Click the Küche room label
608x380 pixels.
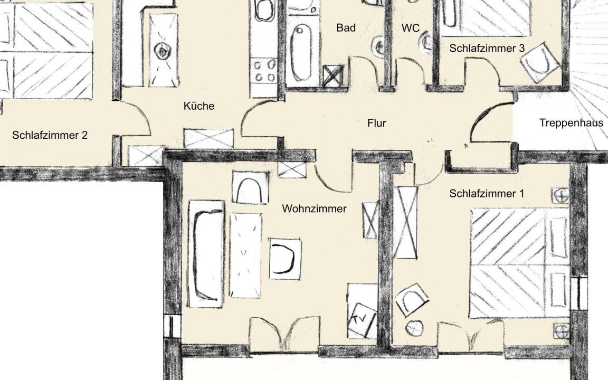pyautogui.click(x=199, y=106)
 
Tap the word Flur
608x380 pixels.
pyautogui.click(x=376, y=123)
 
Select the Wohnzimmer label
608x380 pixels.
pyautogui.click(x=314, y=208)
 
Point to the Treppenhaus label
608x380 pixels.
pyautogui.click(x=571, y=123)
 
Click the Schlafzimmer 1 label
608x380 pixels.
pyautogui.click(x=486, y=194)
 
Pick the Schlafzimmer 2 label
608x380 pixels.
pyautogui.click(x=50, y=135)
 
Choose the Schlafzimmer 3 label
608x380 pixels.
pyautogui.click(x=487, y=48)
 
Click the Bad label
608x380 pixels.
pyautogui.click(x=346, y=27)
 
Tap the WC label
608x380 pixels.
pyautogui.click(x=411, y=28)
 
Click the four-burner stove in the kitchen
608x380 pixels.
pyautogui.click(x=264, y=71)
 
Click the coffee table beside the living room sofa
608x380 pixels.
pyautogui.click(x=245, y=255)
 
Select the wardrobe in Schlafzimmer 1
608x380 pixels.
pyautogui.click(x=405, y=223)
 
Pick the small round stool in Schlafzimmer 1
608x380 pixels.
pyautogui.click(x=414, y=328)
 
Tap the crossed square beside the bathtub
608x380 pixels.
pyautogui.click(x=333, y=75)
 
